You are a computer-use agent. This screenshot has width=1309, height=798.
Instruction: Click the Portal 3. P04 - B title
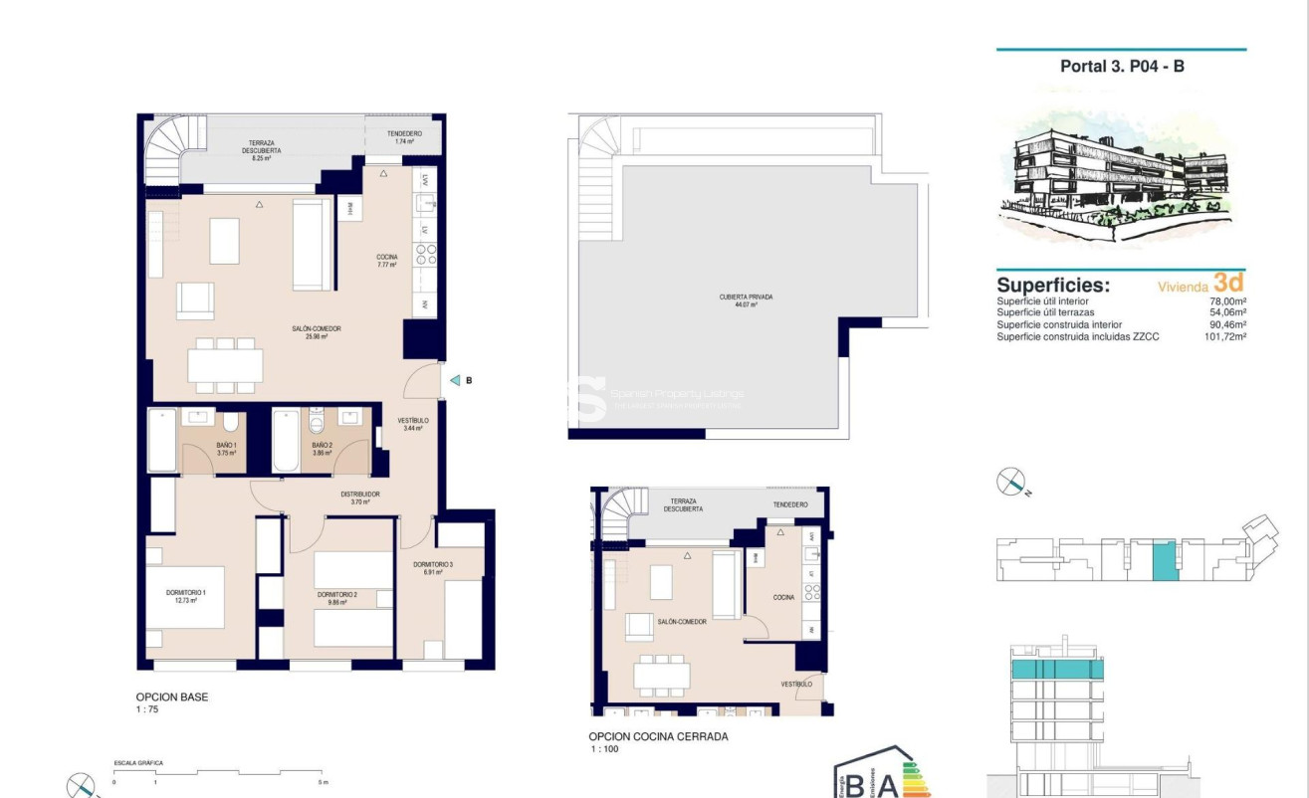click(x=1122, y=67)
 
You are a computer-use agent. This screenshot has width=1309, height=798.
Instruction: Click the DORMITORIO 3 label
click(x=433, y=568)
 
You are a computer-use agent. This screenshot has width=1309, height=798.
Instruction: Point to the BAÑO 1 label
click(x=227, y=449)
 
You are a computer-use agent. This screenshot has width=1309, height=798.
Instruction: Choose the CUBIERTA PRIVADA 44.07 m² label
click(x=746, y=300)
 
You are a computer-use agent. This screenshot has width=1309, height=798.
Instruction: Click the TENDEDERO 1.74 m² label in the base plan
click(x=403, y=137)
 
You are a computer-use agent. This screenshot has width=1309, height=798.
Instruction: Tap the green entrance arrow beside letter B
click(x=454, y=380)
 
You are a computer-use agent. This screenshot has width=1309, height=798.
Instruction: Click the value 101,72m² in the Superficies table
click(x=1224, y=337)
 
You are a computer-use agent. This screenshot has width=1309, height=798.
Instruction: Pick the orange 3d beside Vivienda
click(x=1228, y=283)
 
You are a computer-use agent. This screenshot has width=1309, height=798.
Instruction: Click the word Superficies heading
click(x=1053, y=286)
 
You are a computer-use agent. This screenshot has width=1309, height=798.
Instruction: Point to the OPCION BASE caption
click(x=172, y=698)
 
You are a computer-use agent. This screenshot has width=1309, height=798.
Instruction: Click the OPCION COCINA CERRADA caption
click(x=658, y=736)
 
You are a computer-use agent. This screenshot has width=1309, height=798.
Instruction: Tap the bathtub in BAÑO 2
click(x=286, y=441)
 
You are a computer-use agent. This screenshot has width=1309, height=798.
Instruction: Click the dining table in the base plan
click(x=225, y=365)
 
